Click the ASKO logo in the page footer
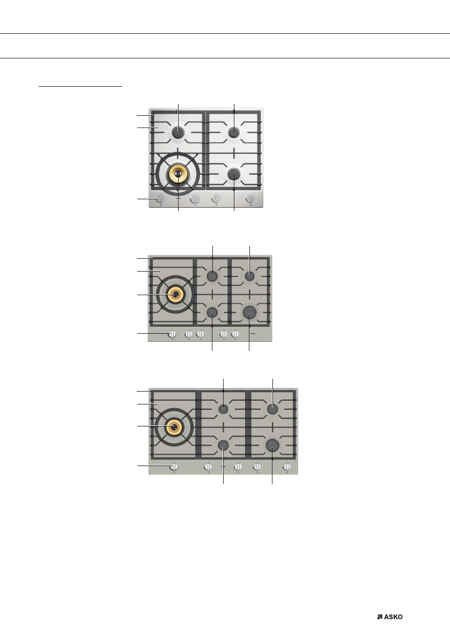pyautogui.click(x=390, y=617)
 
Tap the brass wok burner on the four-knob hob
pyautogui.click(x=178, y=174)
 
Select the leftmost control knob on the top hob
pyautogui.click(x=161, y=199)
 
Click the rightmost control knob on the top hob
pyautogui.click(x=250, y=199)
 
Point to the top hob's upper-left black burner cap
pyautogui.click(x=178, y=132)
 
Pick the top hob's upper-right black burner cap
pyautogui.click(x=234, y=132)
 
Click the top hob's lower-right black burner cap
pyautogui.click(x=234, y=174)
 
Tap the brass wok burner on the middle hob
pyautogui.click(x=175, y=294)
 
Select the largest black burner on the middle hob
pyautogui.click(x=249, y=312)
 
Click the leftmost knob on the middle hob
pyautogui.click(x=172, y=334)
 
